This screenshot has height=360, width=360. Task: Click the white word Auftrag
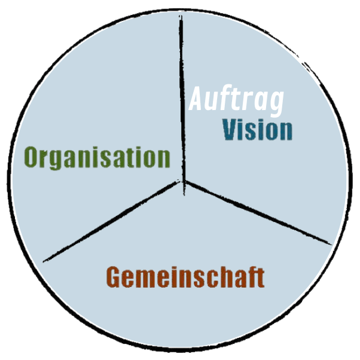pos(236,100)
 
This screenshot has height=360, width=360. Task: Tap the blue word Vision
pos(258,130)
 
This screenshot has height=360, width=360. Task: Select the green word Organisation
pos(97,158)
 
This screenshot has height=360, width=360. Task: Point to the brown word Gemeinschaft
pos(185,277)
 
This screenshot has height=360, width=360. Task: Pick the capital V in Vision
pos(230,130)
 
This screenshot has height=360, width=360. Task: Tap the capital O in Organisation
pos(32,158)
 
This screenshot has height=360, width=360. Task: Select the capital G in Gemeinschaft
pos(113,277)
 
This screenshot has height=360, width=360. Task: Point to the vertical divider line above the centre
pos(182,96)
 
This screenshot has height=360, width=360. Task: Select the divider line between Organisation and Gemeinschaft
pos(114,221)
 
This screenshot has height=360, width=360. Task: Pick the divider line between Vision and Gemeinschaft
pos(257,212)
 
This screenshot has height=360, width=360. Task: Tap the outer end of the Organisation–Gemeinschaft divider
pos(45,260)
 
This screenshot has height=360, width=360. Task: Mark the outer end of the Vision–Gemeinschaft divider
pos(330,243)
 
